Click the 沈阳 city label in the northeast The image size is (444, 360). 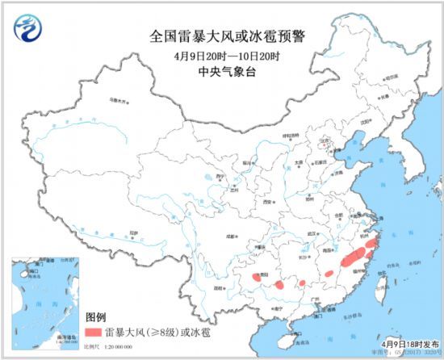click(372, 121)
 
